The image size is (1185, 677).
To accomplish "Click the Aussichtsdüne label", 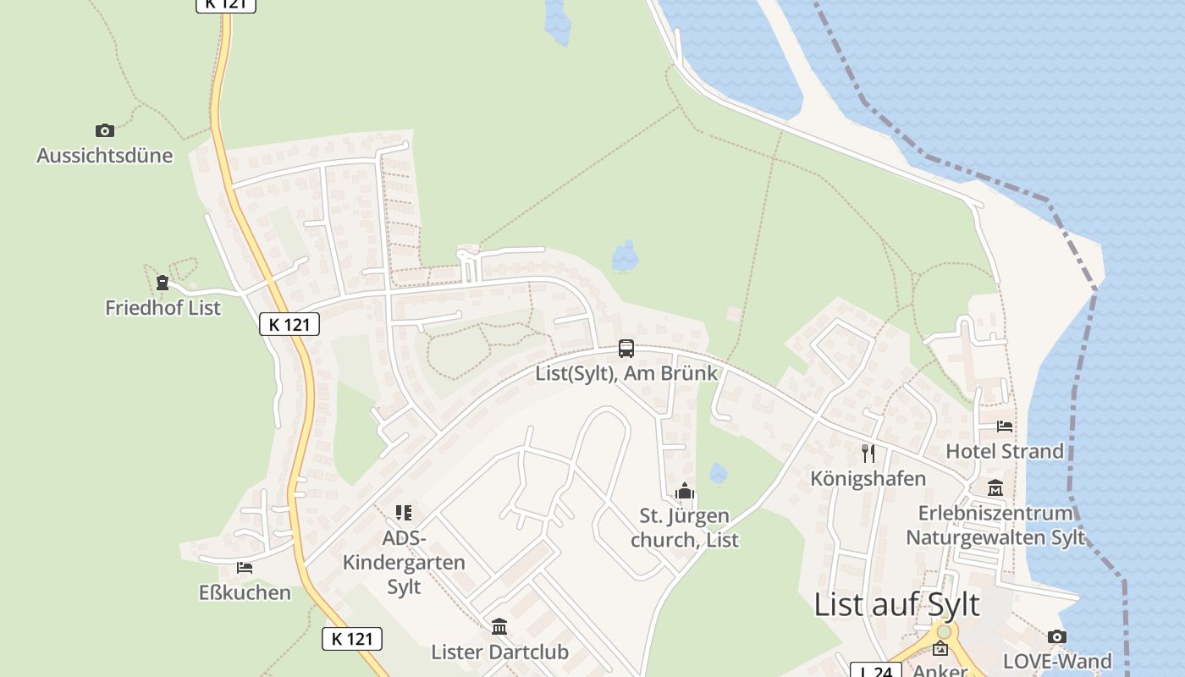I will [104, 156].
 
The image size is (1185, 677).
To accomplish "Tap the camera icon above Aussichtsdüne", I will [104, 130].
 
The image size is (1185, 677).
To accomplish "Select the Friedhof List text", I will [163, 308].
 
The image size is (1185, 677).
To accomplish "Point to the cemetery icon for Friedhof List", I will [163, 283].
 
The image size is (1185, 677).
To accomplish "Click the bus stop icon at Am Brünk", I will [626, 348].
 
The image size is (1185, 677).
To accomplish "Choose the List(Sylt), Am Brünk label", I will [626, 373].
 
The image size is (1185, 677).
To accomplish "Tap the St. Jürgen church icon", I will [685, 491].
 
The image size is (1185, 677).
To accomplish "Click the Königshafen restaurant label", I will [868, 478].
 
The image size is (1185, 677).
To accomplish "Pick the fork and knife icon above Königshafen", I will [868, 453].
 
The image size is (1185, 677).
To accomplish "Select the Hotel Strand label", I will [1005, 451].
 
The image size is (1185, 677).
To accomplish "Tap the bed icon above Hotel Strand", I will [1005, 426].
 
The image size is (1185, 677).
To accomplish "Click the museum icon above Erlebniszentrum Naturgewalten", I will [995, 488].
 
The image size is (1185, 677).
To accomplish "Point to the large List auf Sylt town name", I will [896, 605].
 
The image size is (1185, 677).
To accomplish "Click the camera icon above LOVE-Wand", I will [1056, 636].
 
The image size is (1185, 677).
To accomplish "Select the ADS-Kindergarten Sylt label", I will [404, 562].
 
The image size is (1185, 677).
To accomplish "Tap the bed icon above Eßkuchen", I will [245, 568].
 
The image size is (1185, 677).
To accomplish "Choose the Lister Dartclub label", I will [499, 652].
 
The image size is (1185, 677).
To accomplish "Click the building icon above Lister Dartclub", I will [499, 627].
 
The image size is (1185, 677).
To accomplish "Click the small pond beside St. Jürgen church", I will [719, 473].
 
